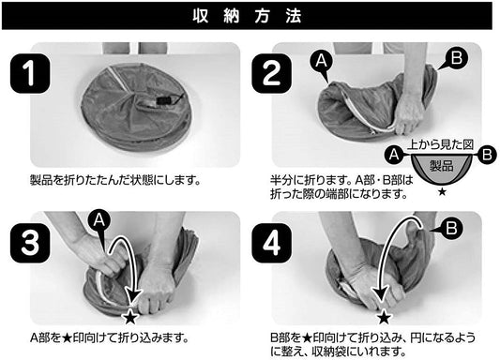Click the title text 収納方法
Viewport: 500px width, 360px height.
coord(247,16)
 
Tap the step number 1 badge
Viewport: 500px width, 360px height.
coord(30,73)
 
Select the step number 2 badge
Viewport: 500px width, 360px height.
coord(272,73)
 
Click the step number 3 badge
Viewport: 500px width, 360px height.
coord(30,243)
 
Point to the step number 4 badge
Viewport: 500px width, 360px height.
coord(272,243)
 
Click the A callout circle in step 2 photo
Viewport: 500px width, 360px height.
coord(321,62)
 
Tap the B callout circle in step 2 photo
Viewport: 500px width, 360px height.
coord(457,58)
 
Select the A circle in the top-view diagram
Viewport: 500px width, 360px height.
coord(394,155)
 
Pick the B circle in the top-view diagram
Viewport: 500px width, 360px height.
coord(487,155)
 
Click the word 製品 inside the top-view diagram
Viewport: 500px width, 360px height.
coord(442,166)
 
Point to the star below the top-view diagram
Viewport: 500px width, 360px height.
coord(442,191)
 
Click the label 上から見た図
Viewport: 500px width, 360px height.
coord(440,145)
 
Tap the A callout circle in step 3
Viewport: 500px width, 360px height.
coord(98,220)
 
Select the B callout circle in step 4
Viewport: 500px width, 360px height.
coord(451,229)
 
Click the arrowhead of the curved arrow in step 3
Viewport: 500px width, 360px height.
coord(133,294)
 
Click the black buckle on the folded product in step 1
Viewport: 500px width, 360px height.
coord(164,100)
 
